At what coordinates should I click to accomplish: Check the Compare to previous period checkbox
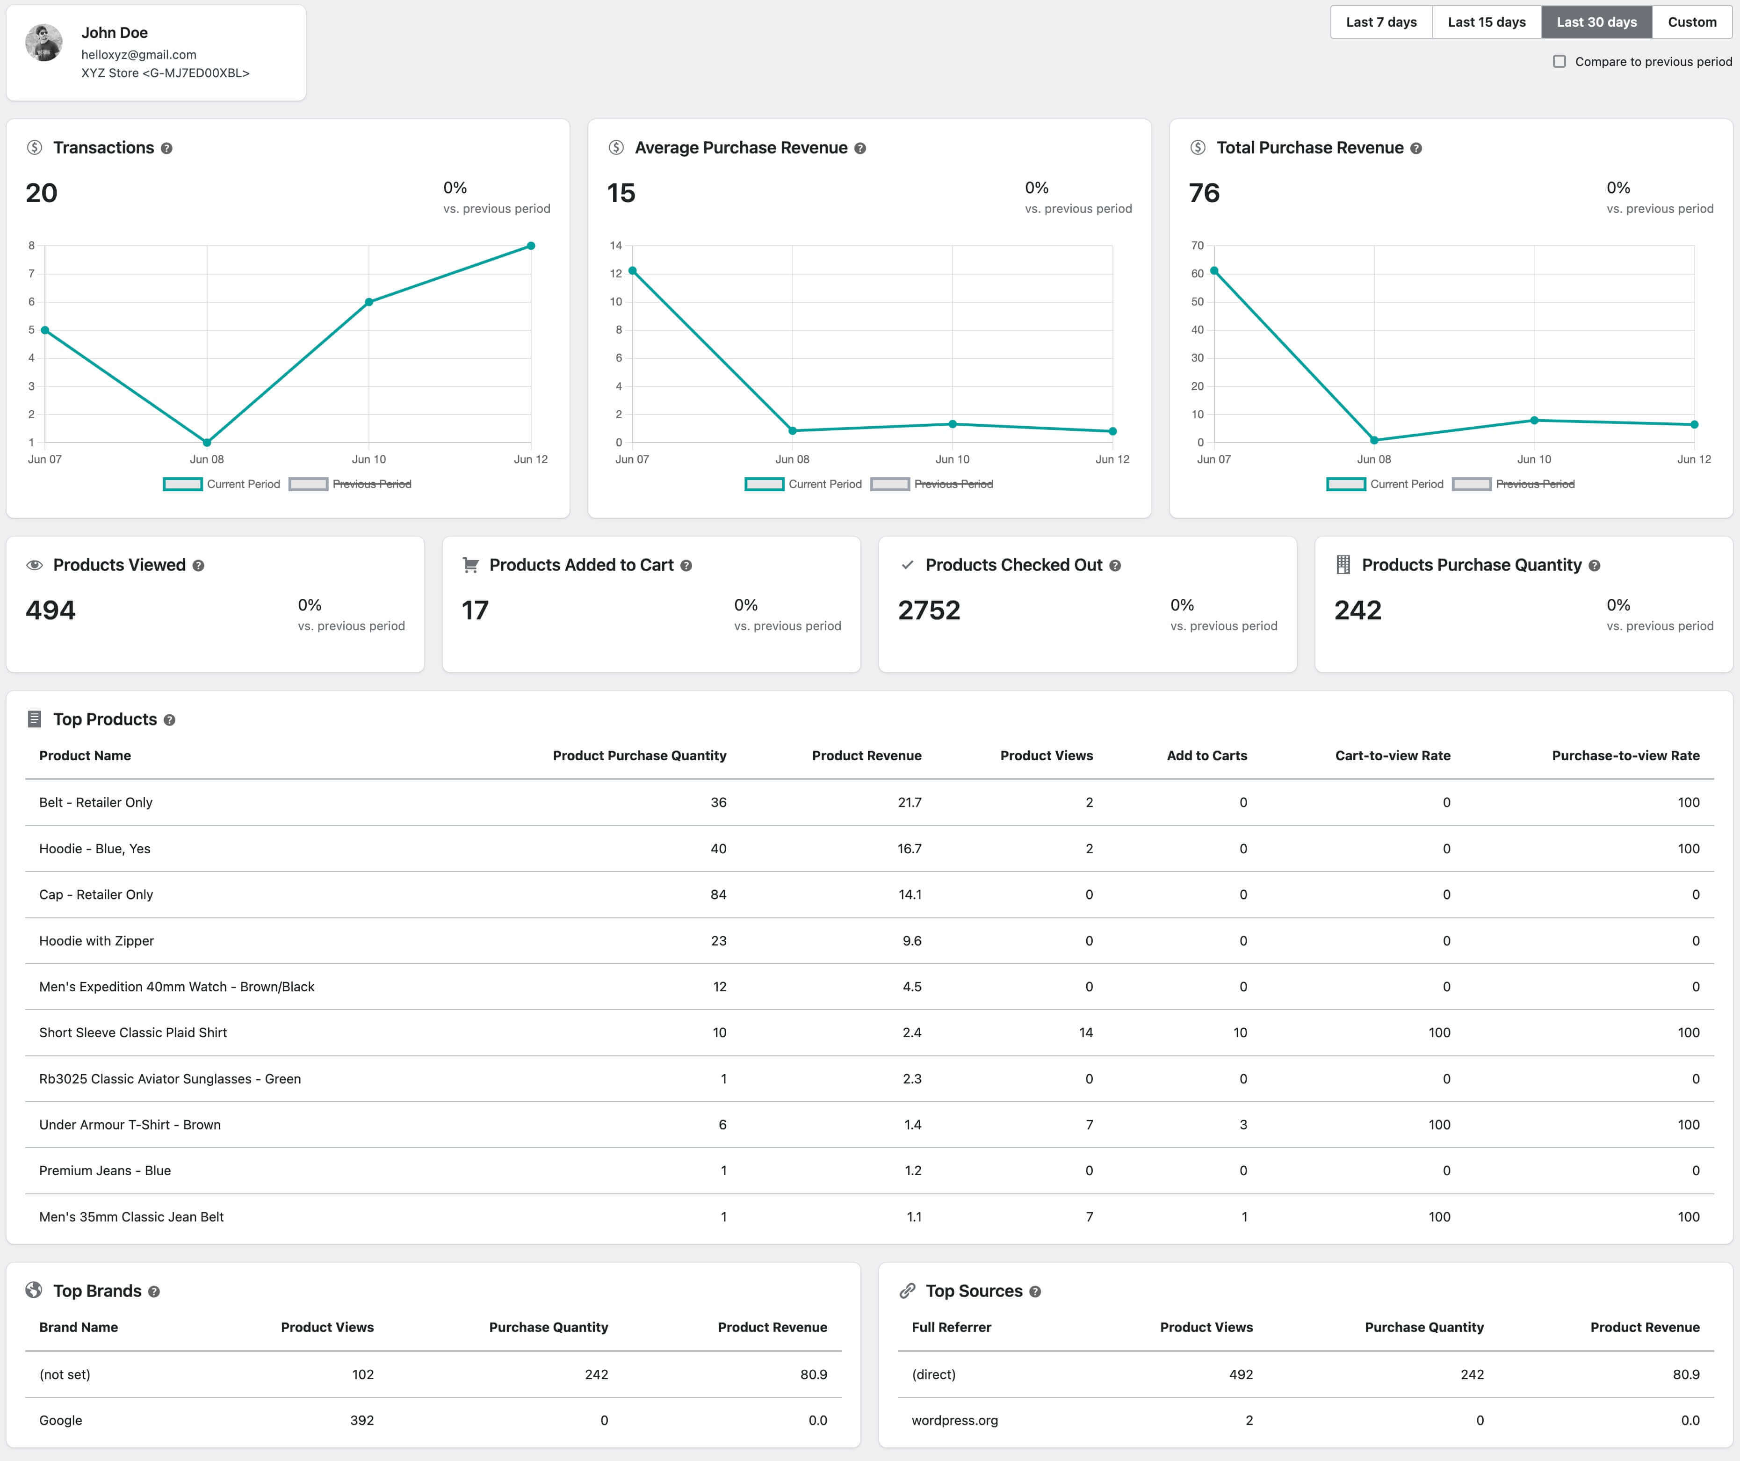pos(1560,61)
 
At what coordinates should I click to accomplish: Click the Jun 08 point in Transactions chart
pos(207,443)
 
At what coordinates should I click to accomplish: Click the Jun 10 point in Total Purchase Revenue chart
pos(1535,420)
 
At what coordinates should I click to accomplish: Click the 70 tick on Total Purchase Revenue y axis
pos(1197,245)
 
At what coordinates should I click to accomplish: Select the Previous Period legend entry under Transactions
pos(351,484)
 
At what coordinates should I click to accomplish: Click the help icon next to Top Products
pos(170,720)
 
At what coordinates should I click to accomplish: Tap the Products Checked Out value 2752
pos(929,611)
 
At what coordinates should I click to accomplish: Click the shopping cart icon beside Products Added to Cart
pos(470,565)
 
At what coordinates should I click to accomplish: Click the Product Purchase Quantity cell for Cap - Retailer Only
pos(718,894)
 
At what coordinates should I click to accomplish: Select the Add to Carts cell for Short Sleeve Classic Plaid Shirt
pos(1241,1032)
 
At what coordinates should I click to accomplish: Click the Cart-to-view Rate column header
pos(1393,756)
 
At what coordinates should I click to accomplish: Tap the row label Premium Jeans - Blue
pos(105,1170)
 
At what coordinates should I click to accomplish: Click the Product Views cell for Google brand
pos(362,1420)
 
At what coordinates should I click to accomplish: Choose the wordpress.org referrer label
pos(954,1420)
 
